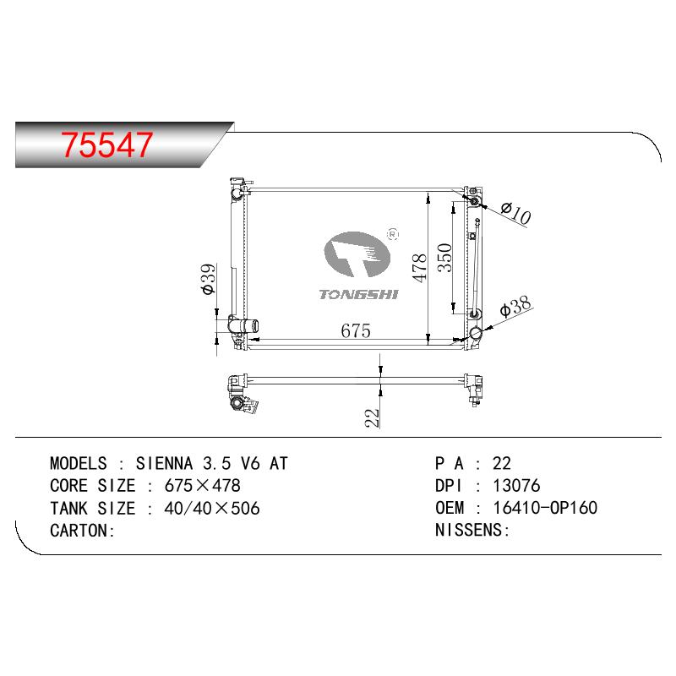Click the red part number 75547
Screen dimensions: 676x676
click(106, 144)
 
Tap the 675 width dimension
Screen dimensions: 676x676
click(356, 330)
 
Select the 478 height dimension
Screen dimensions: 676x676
click(419, 268)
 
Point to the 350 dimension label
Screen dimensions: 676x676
click(444, 258)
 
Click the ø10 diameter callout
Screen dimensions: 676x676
click(516, 215)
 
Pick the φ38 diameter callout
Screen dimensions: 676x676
click(515, 307)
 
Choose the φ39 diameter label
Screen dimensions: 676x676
click(208, 279)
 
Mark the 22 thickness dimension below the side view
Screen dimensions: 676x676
click(372, 417)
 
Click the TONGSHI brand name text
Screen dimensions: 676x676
click(358, 294)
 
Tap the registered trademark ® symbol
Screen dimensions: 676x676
click(393, 234)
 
